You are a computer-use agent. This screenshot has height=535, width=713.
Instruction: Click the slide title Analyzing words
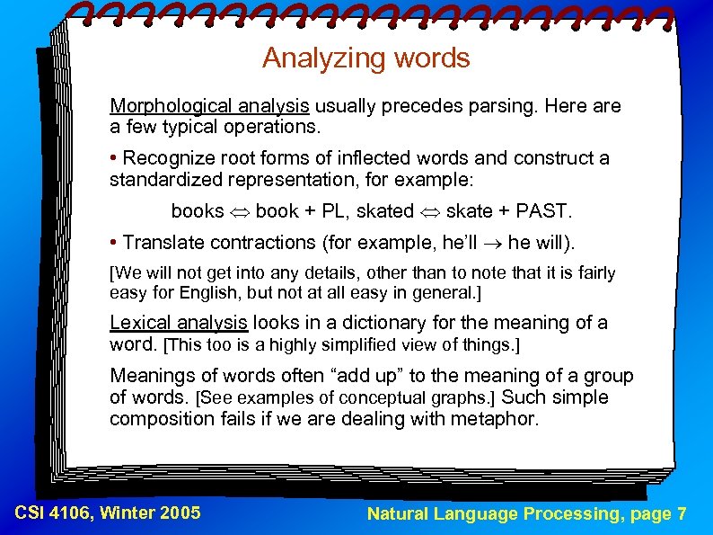click(365, 58)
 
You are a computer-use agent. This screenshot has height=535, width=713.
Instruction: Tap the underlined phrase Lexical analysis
click(178, 322)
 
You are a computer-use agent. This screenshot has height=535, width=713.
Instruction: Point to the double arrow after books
click(240, 212)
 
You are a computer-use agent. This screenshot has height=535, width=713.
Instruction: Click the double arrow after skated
click(430, 212)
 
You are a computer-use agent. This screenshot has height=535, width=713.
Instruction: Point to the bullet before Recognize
click(114, 158)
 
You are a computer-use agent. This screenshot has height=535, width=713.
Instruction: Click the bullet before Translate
click(114, 242)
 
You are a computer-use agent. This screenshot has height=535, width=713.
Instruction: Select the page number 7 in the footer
click(682, 514)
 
